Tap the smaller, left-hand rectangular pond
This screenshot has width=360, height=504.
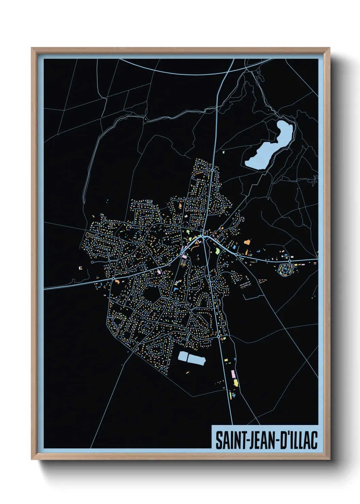(183, 357)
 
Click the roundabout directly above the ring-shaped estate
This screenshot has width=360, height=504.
(289, 261)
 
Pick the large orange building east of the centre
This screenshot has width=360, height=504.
(247, 242)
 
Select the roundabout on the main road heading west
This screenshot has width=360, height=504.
(113, 278)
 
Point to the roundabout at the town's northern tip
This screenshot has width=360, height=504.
(213, 170)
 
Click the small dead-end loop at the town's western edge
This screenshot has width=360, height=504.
(92, 262)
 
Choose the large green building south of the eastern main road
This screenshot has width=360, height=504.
(217, 251)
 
